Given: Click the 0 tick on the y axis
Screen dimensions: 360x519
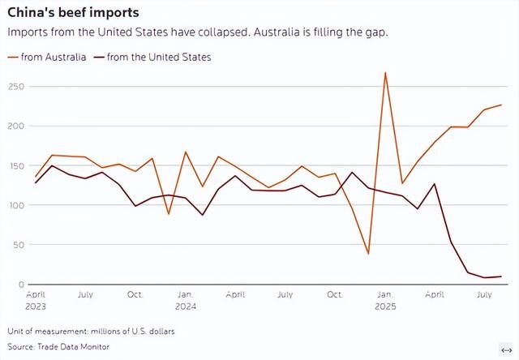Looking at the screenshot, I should click(20, 284).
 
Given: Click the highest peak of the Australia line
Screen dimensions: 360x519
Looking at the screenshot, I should click(385, 73).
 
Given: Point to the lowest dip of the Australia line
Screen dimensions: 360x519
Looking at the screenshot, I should click(368, 254).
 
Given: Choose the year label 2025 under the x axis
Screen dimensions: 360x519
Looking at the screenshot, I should click(385, 307).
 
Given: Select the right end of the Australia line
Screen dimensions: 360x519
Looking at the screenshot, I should click(501, 105).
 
